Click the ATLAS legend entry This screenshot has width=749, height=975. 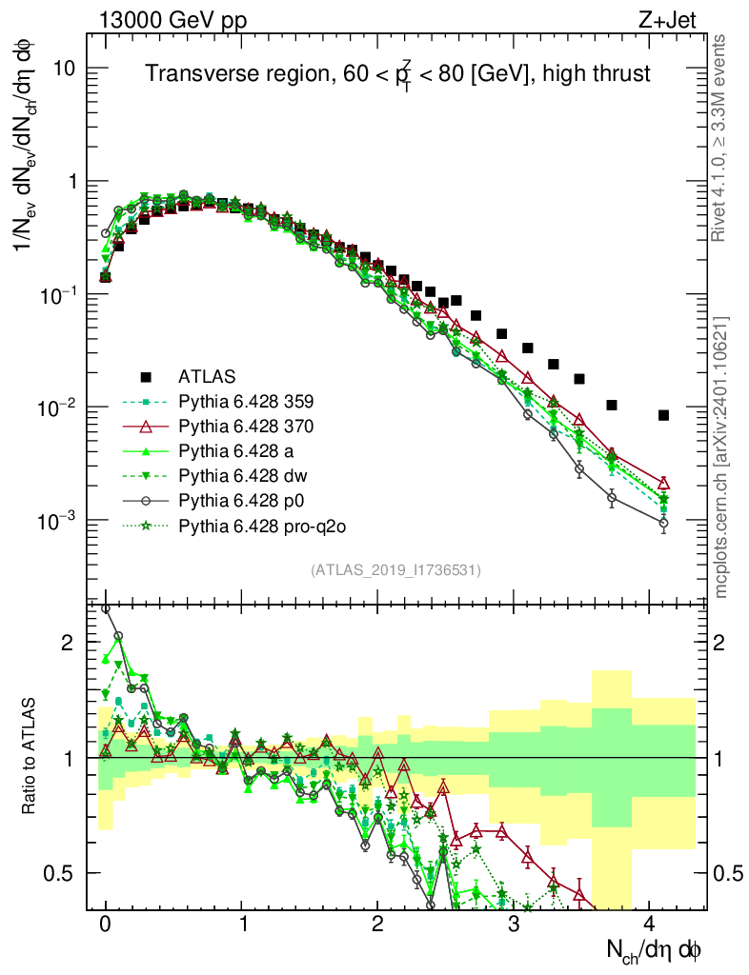tap(206, 374)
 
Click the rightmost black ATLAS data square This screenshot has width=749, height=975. tap(663, 415)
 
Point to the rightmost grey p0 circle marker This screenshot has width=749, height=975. tap(663, 523)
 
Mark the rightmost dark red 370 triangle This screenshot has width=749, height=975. tap(663, 484)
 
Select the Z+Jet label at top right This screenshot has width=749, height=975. tap(675, 17)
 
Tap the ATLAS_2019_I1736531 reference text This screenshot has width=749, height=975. tap(395, 570)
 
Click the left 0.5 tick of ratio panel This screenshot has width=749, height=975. tap(63, 872)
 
